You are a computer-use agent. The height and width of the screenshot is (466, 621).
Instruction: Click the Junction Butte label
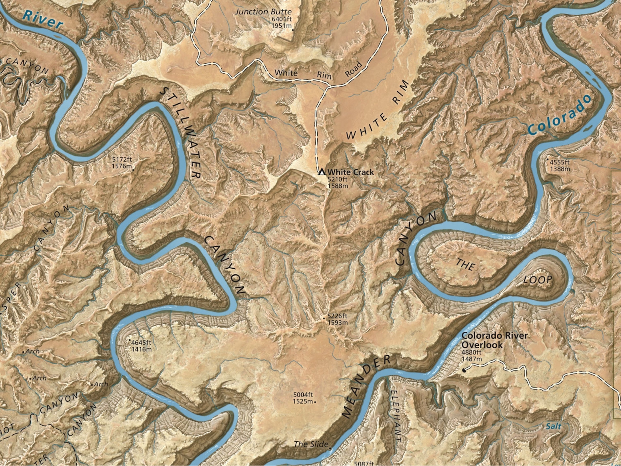[263, 12]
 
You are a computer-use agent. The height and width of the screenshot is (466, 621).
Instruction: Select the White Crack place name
[351, 172]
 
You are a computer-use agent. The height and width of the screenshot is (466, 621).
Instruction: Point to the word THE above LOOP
[465, 265]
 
